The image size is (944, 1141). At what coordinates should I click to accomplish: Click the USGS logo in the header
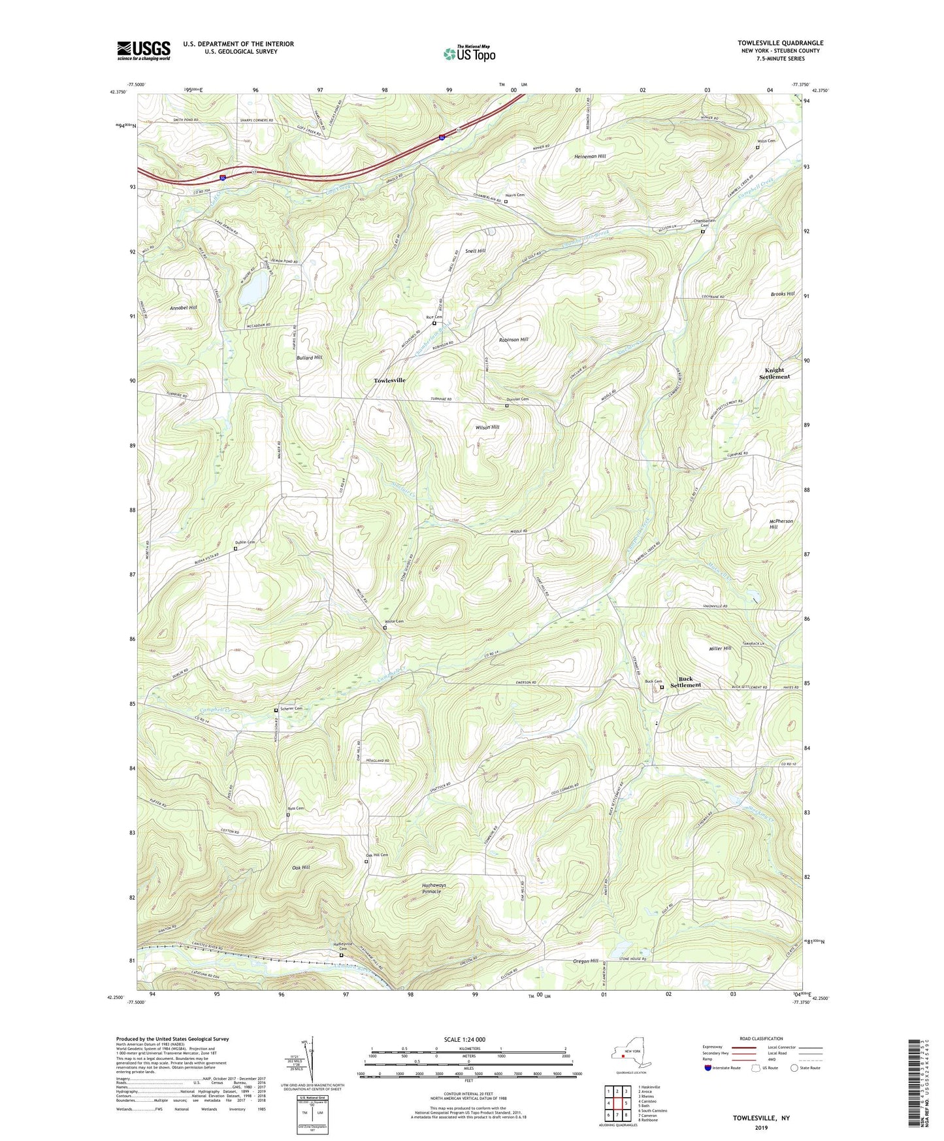144,50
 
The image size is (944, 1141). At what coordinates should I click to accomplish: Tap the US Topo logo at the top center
469,54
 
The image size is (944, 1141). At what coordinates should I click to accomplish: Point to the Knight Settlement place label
774,373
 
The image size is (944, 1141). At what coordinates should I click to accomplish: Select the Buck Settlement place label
685,682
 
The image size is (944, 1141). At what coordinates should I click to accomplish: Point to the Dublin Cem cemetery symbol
236,548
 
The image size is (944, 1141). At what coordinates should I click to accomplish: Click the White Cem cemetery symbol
385,627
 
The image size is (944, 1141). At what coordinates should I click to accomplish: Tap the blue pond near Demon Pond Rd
252,288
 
